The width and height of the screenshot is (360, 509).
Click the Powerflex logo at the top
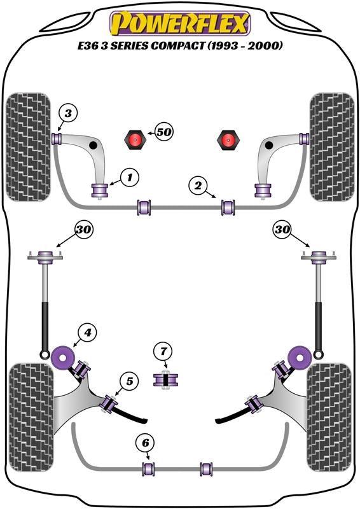tap(180, 23)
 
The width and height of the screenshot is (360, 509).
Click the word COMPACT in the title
tap(177, 45)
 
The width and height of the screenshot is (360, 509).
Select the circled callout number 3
tap(68, 114)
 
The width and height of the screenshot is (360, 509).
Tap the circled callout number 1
tap(130, 178)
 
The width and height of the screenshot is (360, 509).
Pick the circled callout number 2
tap(198, 185)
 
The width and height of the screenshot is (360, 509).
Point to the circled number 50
tap(164, 132)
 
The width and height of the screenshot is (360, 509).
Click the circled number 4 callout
tap(87, 332)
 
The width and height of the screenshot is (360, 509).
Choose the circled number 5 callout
tap(130, 380)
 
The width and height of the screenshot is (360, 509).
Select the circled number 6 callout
tap(145, 442)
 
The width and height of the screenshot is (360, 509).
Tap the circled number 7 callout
tap(163, 351)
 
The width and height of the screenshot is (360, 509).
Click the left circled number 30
tap(83, 230)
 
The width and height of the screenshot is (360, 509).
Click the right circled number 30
tap(282, 230)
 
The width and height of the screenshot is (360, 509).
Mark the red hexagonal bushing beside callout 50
tap(135, 139)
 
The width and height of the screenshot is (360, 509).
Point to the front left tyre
tap(29, 147)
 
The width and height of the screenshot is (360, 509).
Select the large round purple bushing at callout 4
tap(64, 357)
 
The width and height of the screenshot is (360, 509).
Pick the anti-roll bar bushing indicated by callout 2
tap(228, 207)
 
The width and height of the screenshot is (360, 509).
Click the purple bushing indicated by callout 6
tap(148, 469)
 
